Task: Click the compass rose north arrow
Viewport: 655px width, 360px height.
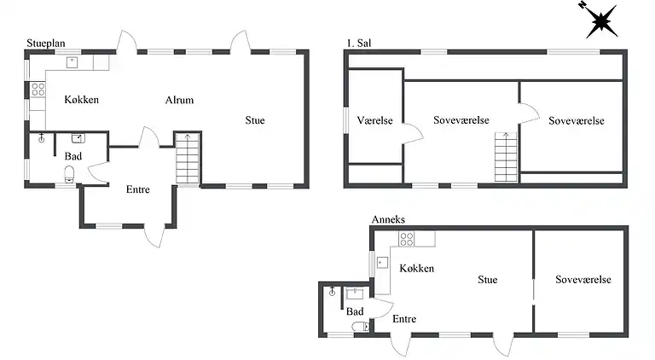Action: (x=600, y=20)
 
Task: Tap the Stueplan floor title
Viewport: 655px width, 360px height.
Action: (x=46, y=43)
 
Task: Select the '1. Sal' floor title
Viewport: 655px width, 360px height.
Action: (x=359, y=43)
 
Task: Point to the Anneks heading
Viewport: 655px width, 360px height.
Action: (x=388, y=219)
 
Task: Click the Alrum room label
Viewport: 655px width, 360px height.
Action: (x=179, y=100)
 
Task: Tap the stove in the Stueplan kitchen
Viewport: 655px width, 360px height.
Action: (x=38, y=90)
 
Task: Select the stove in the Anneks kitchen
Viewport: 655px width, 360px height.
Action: (x=407, y=240)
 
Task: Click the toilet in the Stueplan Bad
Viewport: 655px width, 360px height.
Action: (x=69, y=175)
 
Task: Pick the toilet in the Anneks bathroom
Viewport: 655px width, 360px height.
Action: (x=361, y=326)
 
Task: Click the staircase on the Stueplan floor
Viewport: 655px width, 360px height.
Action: (x=188, y=159)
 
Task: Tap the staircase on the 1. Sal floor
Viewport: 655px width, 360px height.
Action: (x=506, y=157)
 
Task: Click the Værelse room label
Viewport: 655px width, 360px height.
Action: (x=374, y=120)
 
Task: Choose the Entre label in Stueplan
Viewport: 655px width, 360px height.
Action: (x=138, y=189)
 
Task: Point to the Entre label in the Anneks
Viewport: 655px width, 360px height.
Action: (x=404, y=319)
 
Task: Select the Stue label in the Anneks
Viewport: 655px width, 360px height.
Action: (x=488, y=280)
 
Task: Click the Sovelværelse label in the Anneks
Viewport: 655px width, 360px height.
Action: (x=583, y=280)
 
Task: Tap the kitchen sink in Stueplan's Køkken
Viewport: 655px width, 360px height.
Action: (x=72, y=62)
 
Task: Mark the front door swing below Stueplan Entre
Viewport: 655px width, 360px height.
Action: (x=154, y=237)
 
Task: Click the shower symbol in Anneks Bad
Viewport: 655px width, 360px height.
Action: (x=332, y=291)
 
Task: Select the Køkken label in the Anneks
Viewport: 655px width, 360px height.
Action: (x=416, y=268)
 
